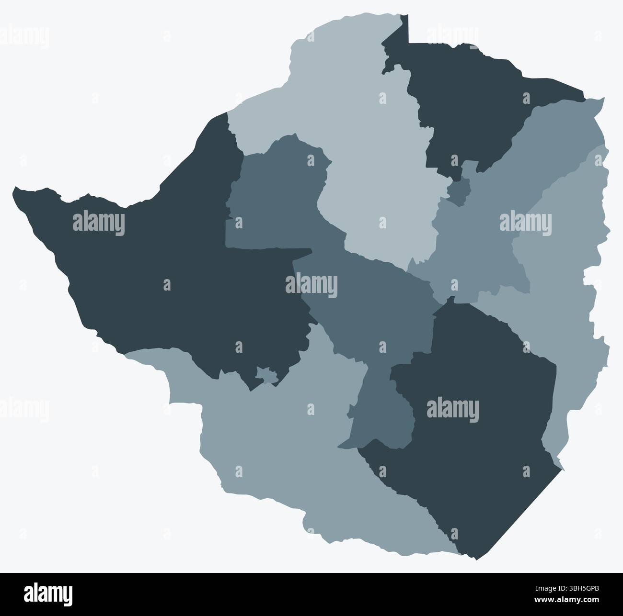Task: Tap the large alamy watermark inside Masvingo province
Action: pyautogui.click(x=452, y=411)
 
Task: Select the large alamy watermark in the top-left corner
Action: pyautogui.click(x=24, y=37)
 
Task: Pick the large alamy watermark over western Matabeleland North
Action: pyautogui.click(x=99, y=224)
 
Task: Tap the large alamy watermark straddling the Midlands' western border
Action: pyautogui.click(x=311, y=286)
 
